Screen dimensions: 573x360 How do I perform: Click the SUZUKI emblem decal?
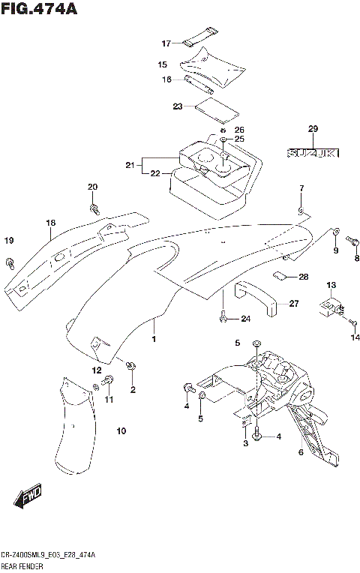[x=313, y=153]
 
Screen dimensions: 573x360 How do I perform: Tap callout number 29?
[x=313, y=129]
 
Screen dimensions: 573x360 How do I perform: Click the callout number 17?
[x=166, y=43]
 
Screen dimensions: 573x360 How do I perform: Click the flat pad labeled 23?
[x=217, y=109]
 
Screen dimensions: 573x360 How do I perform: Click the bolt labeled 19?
[x=10, y=262]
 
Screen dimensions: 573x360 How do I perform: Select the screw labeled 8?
[x=355, y=243]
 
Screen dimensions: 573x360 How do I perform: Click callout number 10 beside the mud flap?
[x=121, y=430]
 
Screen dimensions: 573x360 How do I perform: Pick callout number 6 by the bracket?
[x=301, y=451]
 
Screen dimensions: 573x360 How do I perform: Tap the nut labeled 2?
[x=132, y=365]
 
